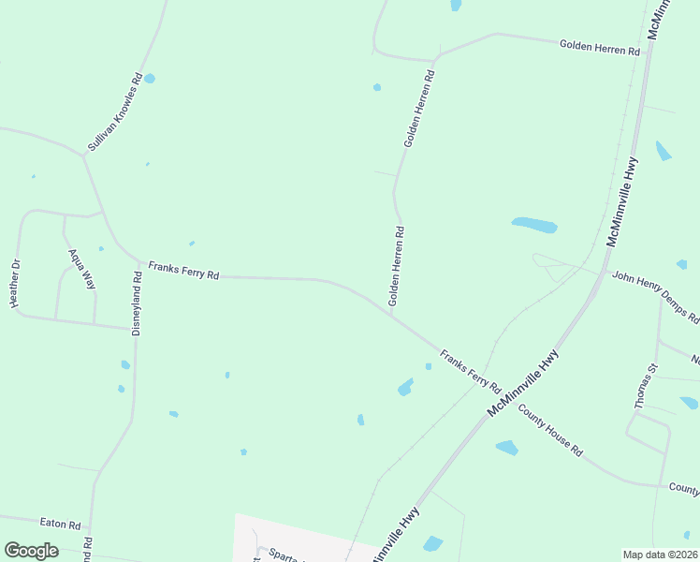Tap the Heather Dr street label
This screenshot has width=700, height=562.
[14, 288]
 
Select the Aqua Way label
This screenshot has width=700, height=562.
[81, 267]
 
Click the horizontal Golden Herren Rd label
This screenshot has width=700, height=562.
[599, 47]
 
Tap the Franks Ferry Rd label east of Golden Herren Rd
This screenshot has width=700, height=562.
[471, 371]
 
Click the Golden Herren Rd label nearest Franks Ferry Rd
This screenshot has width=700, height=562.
[397, 266]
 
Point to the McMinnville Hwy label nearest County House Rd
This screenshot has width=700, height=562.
[523, 383]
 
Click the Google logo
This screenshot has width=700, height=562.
[31, 551]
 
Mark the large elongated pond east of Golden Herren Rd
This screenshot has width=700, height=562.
[534, 225]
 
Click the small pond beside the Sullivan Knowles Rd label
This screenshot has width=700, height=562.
[149, 79]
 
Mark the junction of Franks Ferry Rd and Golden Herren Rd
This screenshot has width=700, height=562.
[389, 314]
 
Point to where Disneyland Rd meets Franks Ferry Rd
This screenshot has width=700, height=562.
[138, 262]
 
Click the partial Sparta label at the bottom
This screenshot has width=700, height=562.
[280, 555]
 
